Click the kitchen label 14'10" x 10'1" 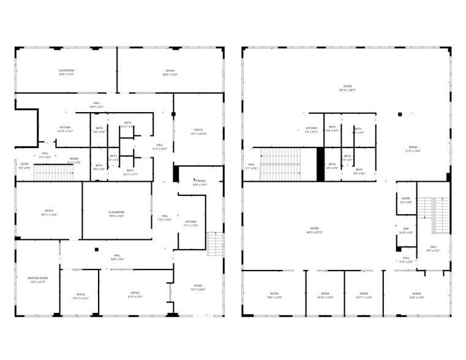point(65,129)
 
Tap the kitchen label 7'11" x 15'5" point(191,223)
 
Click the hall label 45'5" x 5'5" point(97,105)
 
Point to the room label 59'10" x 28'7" point(347,88)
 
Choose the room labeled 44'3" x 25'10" point(315,230)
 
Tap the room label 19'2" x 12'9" point(416,295)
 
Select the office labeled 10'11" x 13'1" point(81,296)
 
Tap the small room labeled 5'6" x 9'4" point(406,200)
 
